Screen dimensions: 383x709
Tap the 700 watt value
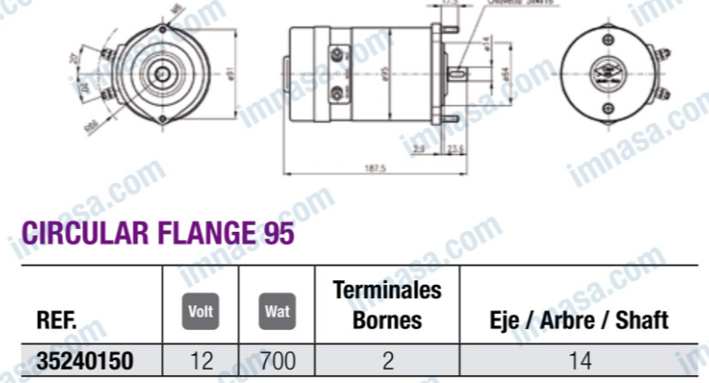point(276,361)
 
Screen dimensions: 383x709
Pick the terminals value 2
point(386,361)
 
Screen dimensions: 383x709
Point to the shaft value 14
point(580,361)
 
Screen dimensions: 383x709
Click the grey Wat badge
point(276,311)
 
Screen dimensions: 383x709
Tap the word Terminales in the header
point(386,290)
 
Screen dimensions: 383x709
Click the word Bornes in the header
point(386,319)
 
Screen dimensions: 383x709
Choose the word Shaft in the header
point(638,320)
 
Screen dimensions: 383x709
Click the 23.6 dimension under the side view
point(455,149)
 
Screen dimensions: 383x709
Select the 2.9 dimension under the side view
point(419,149)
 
